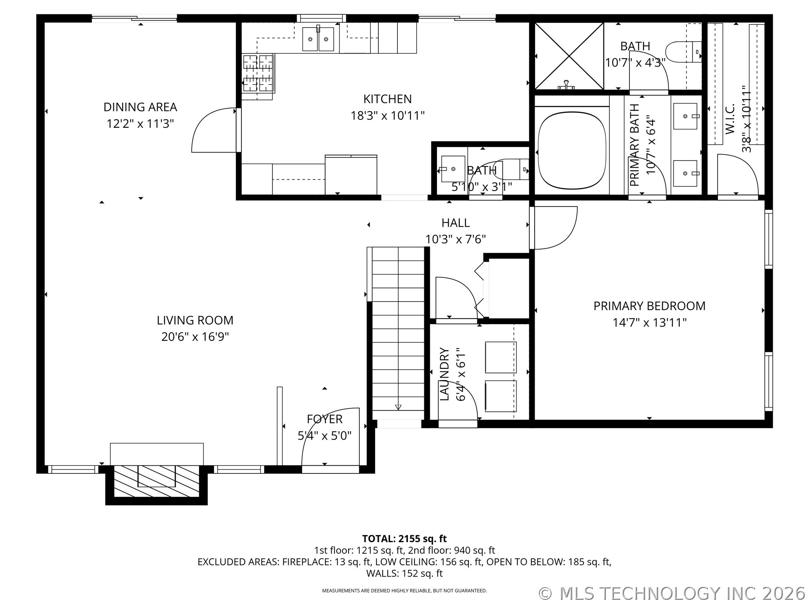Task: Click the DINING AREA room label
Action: pyautogui.click(x=140, y=107)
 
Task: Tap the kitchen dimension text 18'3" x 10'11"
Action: pyautogui.click(x=388, y=115)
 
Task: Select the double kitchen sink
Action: pyautogui.click(x=318, y=39)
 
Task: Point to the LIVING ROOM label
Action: pyautogui.click(x=195, y=320)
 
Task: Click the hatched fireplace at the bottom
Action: pyautogui.click(x=157, y=480)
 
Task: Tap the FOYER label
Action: pyautogui.click(x=324, y=419)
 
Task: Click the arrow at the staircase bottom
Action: pyautogui.click(x=398, y=407)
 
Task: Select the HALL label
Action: pyautogui.click(x=455, y=223)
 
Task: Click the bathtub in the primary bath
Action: pyautogui.click(x=572, y=150)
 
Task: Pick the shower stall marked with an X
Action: pyautogui.click(x=569, y=56)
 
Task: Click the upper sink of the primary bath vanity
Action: pyautogui.click(x=686, y=116)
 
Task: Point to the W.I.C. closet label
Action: pyautogui.click(x=730, y=119)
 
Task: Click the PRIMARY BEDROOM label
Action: pyautogui.click(x=649, y=306)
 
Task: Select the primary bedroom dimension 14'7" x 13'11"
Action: pyautogui.click(x=649, y=323)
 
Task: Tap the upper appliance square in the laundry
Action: pyautogui.click(x=501, y=357)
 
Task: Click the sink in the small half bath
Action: pyautogui.click(x=453, y=169)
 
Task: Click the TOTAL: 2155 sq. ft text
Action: pyautogui.click(x=404, y=539)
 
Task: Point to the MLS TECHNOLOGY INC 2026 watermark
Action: pyautogui.click(x=672, y=594)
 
